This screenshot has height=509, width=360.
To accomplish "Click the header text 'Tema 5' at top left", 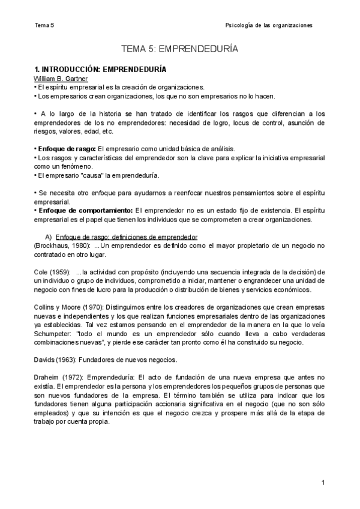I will click(44, 26).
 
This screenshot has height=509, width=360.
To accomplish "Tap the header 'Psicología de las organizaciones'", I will click(268, 26).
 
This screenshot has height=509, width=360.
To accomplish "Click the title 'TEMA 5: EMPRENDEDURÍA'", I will click(179, 49).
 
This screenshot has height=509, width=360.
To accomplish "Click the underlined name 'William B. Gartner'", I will click(61, 79).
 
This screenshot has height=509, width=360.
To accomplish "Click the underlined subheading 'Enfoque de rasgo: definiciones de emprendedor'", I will click(126, 237).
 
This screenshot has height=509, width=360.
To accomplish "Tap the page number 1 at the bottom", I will click(323, 483).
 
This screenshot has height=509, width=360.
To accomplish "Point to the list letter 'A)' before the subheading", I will click(50, 237).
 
